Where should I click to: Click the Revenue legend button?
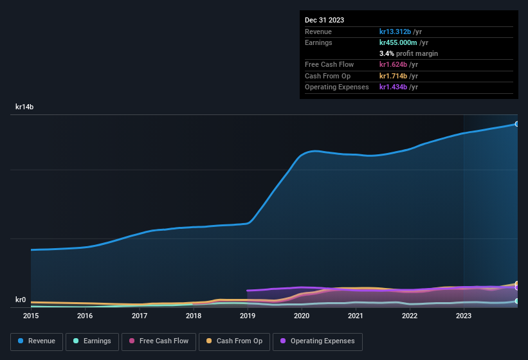pyautogui.click(x=36, y=341)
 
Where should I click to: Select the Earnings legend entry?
pyautogui.click(x=92, y=341)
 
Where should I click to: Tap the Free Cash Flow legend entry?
pyautogui.click(x=159, y=341)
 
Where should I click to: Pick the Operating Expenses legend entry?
pyautogui.click(x=317, y=341)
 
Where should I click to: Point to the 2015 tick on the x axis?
pyautogui.click(x=31, y=316)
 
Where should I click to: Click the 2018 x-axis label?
pyautogui.click(x=193, y=316)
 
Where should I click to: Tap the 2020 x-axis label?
pyautogui.click(x=302, y=316)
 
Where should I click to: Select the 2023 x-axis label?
pyautogui.click(x=464, y=316)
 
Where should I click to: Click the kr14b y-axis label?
pyautogui.click(x=24, y=107)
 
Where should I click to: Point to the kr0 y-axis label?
pyautogui.click(x=21, y=300)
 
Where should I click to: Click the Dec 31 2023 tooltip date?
pyautogui.click(x=324, y=20)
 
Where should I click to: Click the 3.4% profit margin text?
pyautogui.click(x=408, y=53)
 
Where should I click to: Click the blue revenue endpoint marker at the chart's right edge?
pyautogui.click(x=516, y=123)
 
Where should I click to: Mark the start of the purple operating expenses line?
pyautogui.click(x=248, y=291)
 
